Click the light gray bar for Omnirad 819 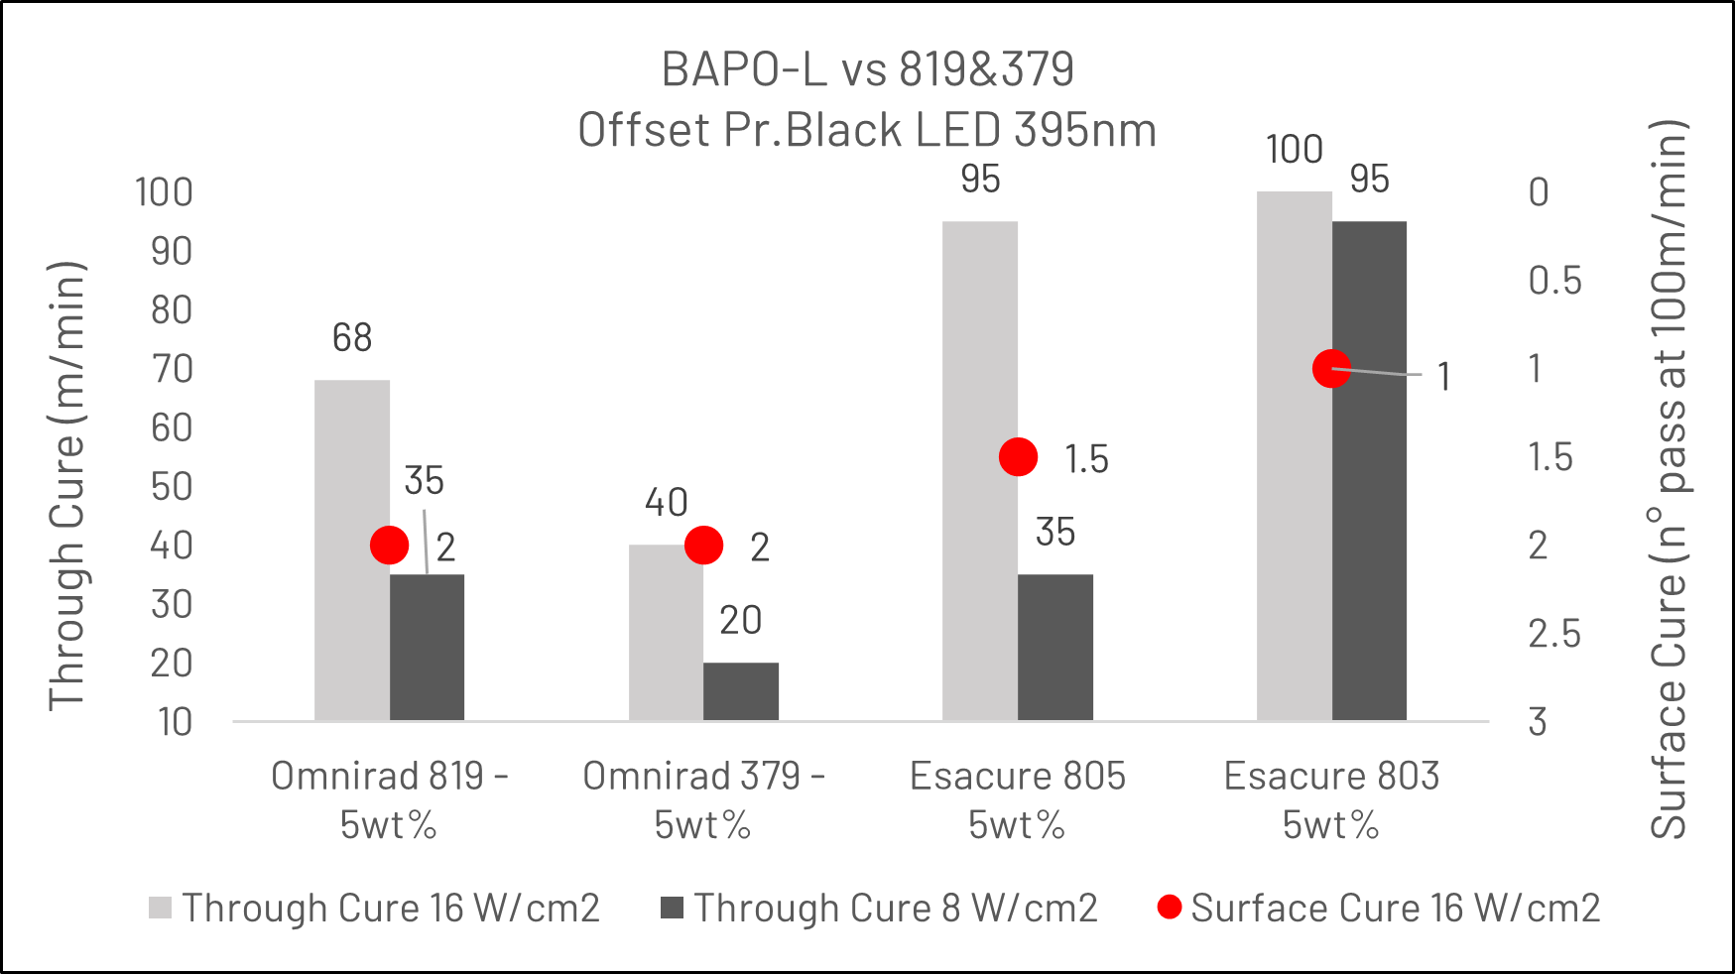pos(352,549)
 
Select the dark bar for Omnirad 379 pos(741,691)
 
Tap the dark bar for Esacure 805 pos(1055,647)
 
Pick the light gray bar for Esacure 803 pos(1295,455)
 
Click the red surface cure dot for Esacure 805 pos(1018,457)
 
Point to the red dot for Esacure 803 pos(1331,369)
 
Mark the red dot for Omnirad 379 pos(703,545)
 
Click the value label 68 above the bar pos(352,338)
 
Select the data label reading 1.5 pos(1086,459)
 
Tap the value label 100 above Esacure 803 pos(1295,150)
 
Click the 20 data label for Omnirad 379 pos(741,621)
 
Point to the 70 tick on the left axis pos(172,369)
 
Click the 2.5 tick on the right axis pos(1553,634)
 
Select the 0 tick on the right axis pos(1539,192)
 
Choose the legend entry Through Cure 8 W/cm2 pos(880,908)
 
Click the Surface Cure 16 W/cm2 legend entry pos(1380,908)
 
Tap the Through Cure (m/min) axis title pos(67,486)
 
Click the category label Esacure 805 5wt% pos(1018,799)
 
